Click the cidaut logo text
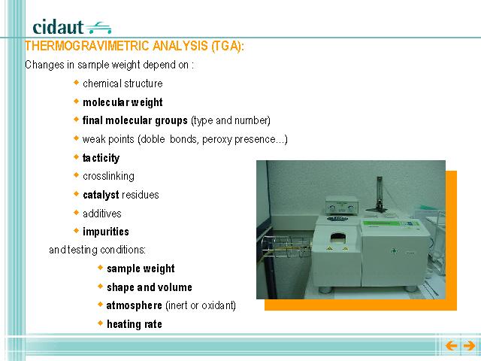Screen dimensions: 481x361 point(58,27)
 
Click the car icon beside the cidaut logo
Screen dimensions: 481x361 point(99,28)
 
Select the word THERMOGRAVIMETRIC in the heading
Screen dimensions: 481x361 point(86,46)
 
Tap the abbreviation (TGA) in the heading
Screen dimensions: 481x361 point(227,46)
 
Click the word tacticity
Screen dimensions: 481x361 point(101,158)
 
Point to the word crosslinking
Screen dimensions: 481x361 point(108,176)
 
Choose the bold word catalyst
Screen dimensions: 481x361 point(101,195)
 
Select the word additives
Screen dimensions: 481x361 point(102,214)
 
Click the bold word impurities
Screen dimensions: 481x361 point(106,232)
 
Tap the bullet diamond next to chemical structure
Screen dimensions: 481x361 point(77,82)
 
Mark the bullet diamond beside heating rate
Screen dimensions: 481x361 point(100,323)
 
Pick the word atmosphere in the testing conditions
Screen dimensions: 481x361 point(134,305)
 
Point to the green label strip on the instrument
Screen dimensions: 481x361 point(391,223)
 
